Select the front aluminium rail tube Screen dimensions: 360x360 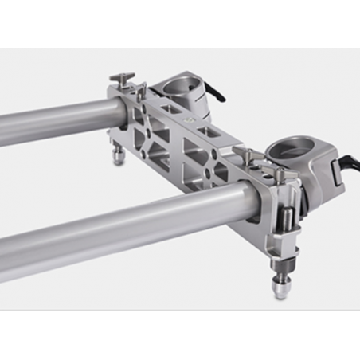click(x=119, y=227)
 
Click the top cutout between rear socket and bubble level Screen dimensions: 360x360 click(x=172, y=108)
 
